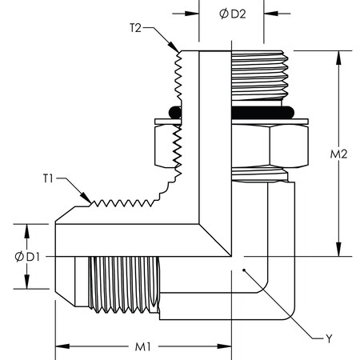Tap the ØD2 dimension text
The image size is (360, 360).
(231, 14)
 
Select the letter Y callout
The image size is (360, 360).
(327, 338)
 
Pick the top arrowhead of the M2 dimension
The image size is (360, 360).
(341, 54)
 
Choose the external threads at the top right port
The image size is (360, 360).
(258, 76)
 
